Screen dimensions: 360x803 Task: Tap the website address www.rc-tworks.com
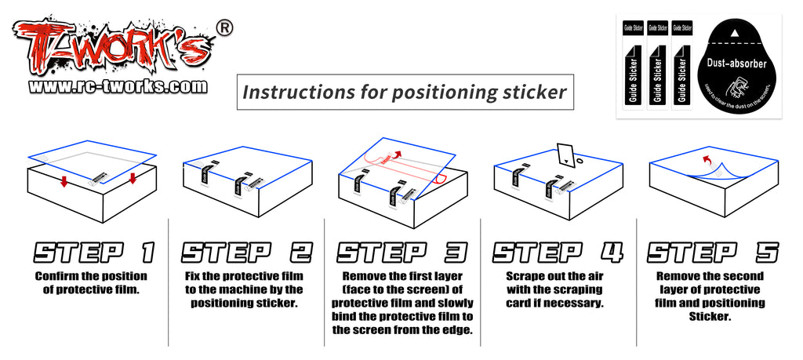click(x=118, y=86)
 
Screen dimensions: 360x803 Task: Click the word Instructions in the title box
click(x=291, y=92)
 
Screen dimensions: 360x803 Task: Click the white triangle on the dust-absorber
click(x=736, y=34)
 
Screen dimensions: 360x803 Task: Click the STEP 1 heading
click(x=91, y=252)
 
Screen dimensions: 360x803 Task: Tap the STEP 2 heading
click(x=246, y=252)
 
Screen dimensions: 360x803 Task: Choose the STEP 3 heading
click(x=401, y=252)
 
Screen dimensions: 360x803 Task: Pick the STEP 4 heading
click(x=557, y=252)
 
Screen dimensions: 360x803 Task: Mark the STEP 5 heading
click(x=713, y=252)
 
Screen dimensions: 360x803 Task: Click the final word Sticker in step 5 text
click(x=711, y=316)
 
